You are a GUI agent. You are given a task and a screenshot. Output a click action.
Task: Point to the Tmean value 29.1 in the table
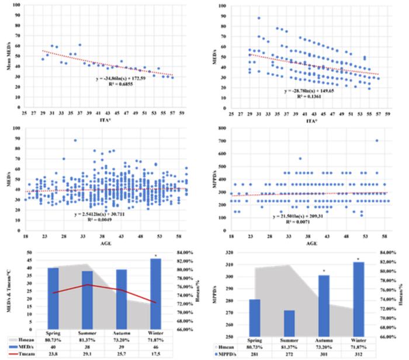(x=85, y=354)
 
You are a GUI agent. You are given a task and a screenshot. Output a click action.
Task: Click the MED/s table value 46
(x=148, y=346)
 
